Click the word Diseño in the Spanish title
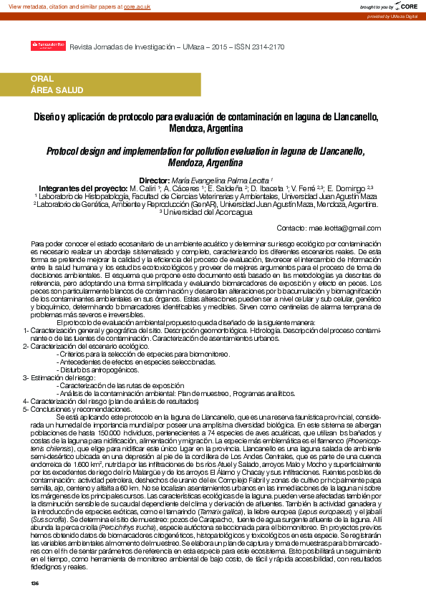click(46, 116)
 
